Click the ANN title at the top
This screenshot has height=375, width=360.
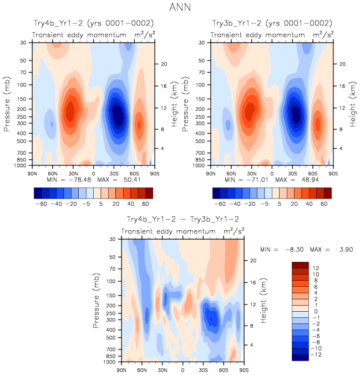[x=180, y=8]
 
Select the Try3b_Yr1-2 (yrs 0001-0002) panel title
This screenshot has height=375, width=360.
[x=272, y=23]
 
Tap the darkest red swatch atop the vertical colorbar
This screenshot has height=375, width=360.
[x=300, y=265]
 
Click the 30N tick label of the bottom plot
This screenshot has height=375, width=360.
[x=163, y=369]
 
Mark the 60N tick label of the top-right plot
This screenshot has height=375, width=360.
[x=231, y=173]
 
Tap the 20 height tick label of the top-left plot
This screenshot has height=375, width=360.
[x=164, y=64]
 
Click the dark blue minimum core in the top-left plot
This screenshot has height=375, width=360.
[x=118, y=115]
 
